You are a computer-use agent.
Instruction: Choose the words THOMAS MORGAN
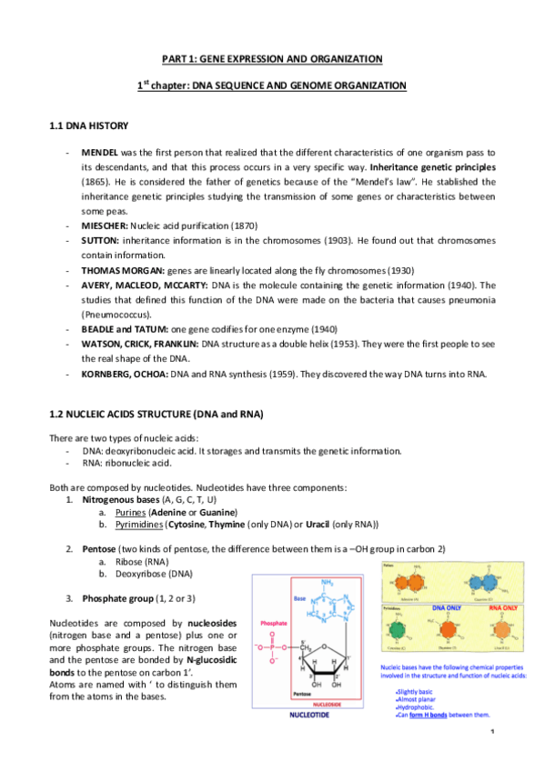coord(125,271)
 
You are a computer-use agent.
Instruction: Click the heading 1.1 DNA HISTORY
coord(88,125)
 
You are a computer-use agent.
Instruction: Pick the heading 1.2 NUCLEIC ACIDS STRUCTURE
coord(155,415)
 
